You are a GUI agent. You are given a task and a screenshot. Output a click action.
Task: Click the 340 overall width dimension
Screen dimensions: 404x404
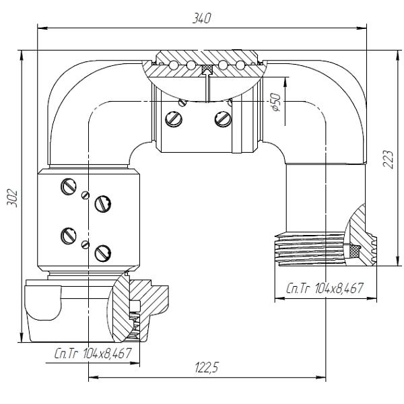202,18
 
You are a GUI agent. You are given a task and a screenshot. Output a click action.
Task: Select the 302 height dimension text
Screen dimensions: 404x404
12,198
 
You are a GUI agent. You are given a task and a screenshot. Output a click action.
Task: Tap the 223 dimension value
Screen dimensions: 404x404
389,159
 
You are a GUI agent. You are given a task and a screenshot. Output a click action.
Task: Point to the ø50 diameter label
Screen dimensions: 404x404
275,102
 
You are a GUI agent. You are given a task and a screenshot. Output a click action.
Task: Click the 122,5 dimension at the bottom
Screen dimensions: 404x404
207,367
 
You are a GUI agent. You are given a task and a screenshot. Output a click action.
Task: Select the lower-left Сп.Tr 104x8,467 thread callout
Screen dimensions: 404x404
93,353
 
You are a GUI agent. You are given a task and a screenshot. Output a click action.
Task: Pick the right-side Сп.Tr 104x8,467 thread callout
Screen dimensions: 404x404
325,288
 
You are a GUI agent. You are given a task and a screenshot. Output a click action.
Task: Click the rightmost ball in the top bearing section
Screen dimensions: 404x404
240,65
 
